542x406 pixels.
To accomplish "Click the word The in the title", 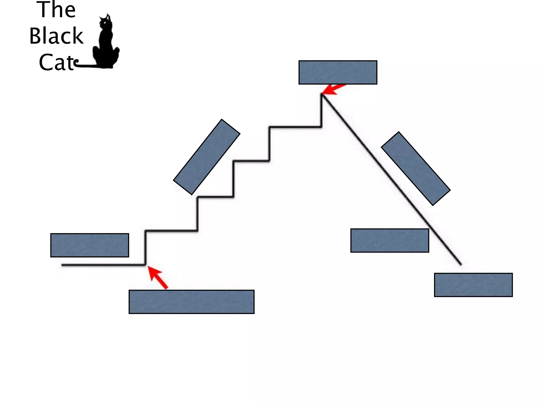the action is click(x=56, y=10).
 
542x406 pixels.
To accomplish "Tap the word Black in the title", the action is click(x=56, y=36).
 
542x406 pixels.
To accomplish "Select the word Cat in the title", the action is click(x=56, y=62).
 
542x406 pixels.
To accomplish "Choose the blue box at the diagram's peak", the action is click(x=338, y=72).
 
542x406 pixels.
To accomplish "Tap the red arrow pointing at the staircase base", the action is click(x=158, y=278).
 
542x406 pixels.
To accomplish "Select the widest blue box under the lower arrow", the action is click(x=191, y=302).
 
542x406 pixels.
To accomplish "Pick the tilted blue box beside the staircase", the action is click(x=207, y=157).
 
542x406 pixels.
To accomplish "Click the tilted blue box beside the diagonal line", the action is click(x=415, y=168).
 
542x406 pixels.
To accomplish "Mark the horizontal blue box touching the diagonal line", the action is click(x=390, y=241).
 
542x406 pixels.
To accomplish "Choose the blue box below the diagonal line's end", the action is click(x=473, y=285).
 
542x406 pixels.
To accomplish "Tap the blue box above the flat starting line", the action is click(x=89, y=245).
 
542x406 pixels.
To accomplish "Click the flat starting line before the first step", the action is click(x=103, y=265).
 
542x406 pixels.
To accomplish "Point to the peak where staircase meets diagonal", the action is click(x=322, y=94).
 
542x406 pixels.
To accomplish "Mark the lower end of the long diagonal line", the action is click(x=460, y=264).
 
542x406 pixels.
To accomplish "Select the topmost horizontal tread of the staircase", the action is click(x=295, y=127).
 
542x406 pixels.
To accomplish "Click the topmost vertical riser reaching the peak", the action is click(x=322, y=111).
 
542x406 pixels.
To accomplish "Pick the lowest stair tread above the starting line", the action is click(x=171, y=231).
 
